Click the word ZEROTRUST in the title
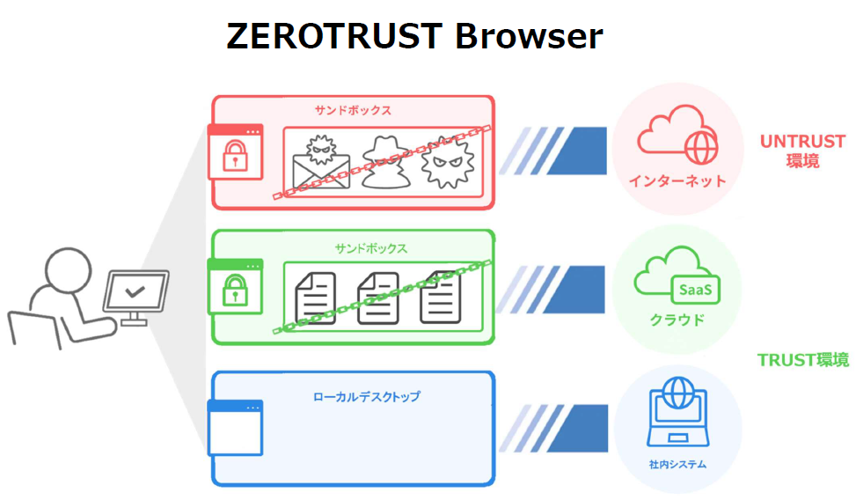coord(333,37)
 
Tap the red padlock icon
coord(234,156)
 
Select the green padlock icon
coord(234,289)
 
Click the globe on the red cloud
coord(701,148)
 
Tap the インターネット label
coord(677,181)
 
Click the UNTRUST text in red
coord(802,141)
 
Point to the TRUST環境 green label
coord(802,359)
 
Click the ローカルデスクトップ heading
coord(366,397)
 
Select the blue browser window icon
coord(235,428)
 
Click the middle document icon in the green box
coord(377,298)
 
